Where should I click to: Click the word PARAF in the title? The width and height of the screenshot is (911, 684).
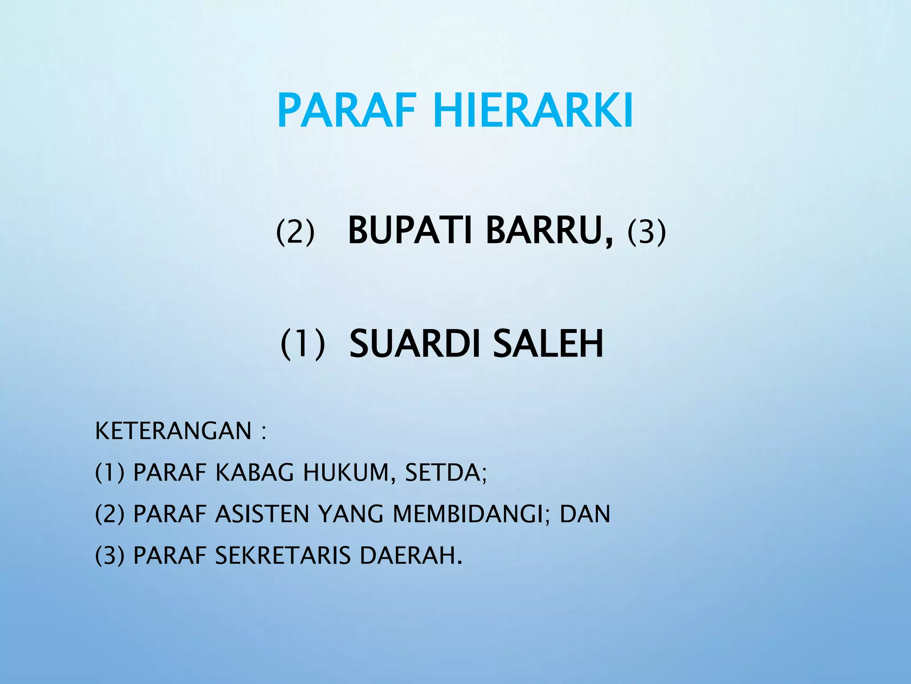[347, 110]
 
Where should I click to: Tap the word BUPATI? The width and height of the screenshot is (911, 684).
[410, 231]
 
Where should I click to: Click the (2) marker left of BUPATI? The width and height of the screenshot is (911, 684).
[295, 232]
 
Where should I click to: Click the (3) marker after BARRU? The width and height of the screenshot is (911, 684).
[646, 232]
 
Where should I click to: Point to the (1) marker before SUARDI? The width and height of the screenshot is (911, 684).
[302, 344]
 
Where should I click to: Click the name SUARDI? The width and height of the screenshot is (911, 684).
[413, 344]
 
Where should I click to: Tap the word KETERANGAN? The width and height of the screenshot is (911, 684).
[173, 431]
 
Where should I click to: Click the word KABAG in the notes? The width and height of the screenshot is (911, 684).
[254, 473]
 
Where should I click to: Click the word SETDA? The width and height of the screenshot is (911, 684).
[443, 473]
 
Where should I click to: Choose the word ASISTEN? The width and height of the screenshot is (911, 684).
[262, 514]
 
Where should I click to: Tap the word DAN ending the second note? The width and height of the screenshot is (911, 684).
[584, 514]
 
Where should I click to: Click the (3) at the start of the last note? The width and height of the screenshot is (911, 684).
[109, 556]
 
